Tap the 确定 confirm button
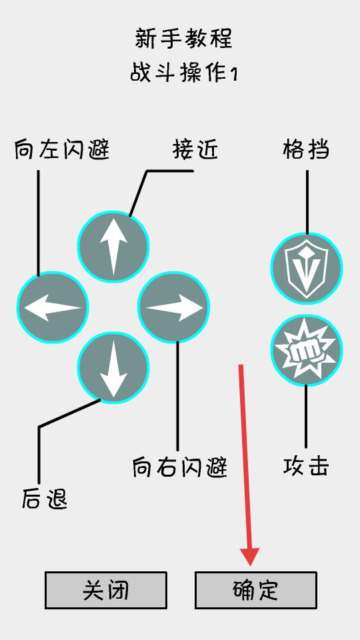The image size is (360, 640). (x=255, y=590)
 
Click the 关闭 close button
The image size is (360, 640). (x=106, y=590)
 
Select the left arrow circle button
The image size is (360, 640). (x=53, y=307)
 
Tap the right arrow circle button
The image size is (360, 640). (x=174, y=307)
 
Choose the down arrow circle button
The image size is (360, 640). (x=113, y=368)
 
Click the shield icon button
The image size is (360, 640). (x=307, y=268)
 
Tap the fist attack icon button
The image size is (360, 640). (x=307, y=350)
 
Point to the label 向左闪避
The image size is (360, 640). (x=62, y=150)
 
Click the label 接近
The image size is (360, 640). (x=195, y=150)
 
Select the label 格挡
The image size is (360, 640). (x=306, y=150)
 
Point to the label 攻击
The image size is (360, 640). (x=306, y=467)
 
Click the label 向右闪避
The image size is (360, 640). (x=179, y=467)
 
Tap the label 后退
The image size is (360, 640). (x=44, y=499)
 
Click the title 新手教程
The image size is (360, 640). (x=183, y=39)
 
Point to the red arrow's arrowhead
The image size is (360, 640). (x=250, y=557)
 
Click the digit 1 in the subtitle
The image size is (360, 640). (x=234, y=75)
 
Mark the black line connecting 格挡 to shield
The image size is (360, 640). (x=307, y=202)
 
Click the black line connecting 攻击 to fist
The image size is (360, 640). (x=306, y=416)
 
